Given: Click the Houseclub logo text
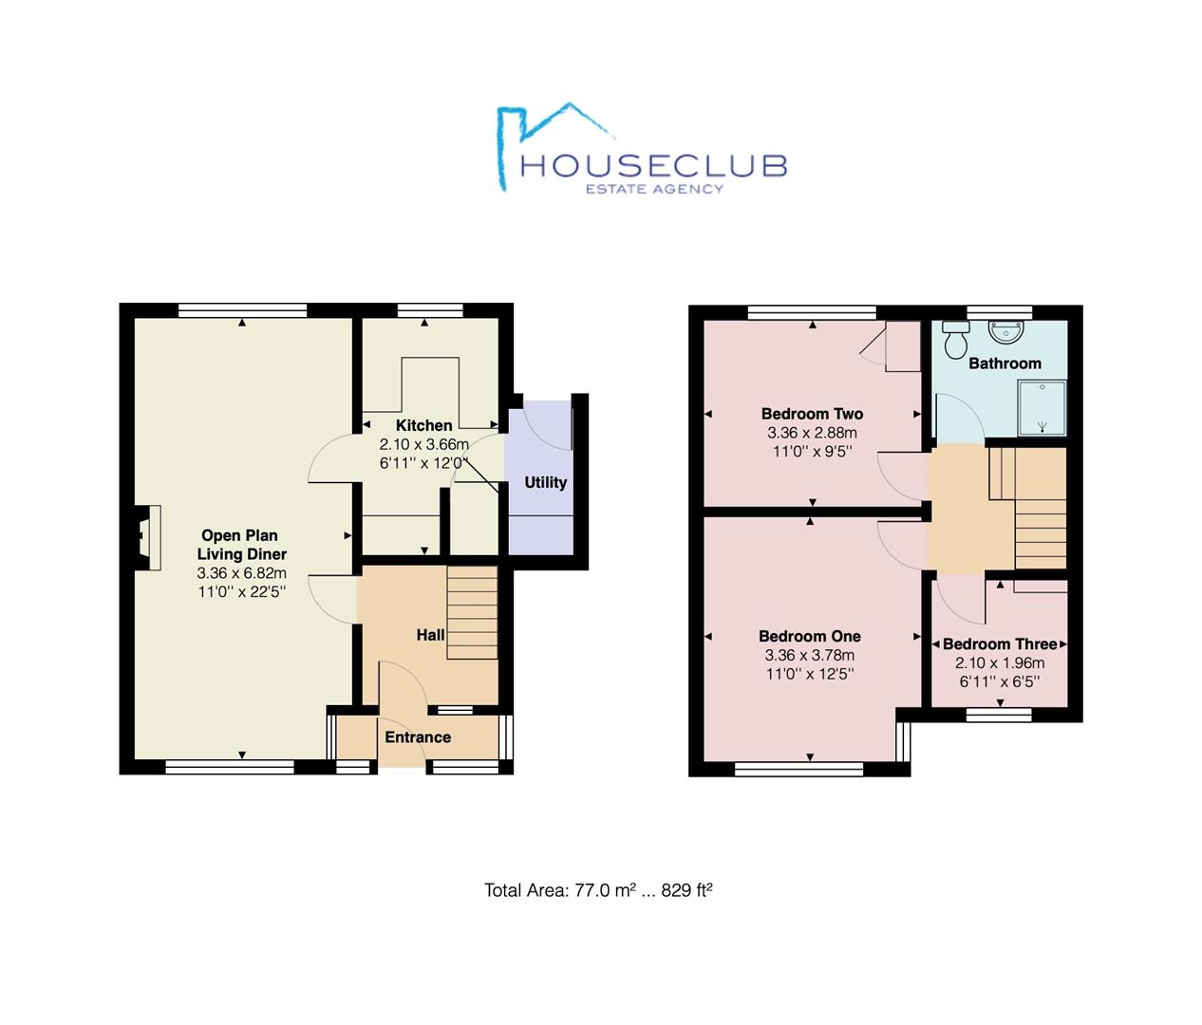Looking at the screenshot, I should pyautogui.click(x=653, y=166).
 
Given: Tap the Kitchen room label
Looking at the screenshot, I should pyautogui.click(x=423, y=425).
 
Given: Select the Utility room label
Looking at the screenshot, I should pyautogui.click(x=545, y=482).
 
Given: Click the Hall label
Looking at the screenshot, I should pyautogui.click(x=430, y=635).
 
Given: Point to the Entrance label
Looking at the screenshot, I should pyautogui.click(x=418, y=737).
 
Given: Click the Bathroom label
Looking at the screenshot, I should pyautogui.click(x=1005, y=363).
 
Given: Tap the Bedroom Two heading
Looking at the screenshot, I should pyautogui.click(x=812, y=414).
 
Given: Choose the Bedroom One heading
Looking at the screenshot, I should pyautogui.click(x=810, y=637).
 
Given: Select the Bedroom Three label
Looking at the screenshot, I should pyautogui.click(x=1000, y=644).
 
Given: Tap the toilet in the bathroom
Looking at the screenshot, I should pyautogui.click(x=955, y=339).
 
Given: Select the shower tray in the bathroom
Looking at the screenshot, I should pyautogui.click(x=1042, y=407).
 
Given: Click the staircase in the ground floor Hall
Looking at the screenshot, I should pyautogui.click(x=472, y=613).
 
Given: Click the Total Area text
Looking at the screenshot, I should pyautogui.click(x=598, y=890).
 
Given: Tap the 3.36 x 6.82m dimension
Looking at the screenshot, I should pyautogui.click(x=241, y=573).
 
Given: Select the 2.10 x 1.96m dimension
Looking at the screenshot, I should pyautogui.click(x=1000, y=663).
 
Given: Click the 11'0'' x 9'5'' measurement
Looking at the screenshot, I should pyautogui.click(x=812, y=452).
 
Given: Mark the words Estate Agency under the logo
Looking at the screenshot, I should pyautogui.click(x=653, y=189).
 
